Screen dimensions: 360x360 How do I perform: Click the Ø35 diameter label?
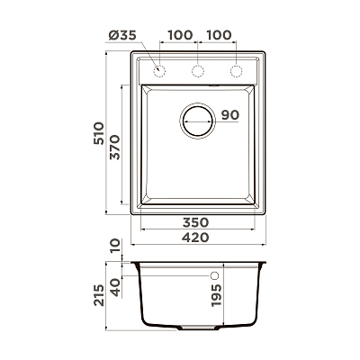pyautogui.click(x=122, y=35)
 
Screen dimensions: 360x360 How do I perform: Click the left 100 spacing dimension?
pyautogui.click(x=180, y=35)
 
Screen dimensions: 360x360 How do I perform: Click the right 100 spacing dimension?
pyautogui.click(x=219, y=35)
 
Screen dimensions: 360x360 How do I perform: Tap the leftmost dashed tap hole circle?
pyautogui.click(x=159, y=71)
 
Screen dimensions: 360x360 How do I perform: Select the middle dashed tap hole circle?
pyautogui.click(x=198, y=71)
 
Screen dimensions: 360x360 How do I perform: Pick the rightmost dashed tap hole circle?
pyautogui.click(x=236, y=71)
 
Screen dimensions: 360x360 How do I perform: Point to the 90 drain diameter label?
pyautogui.click(x=230, y=114)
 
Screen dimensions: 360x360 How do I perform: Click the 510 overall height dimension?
pyautogui.click(x=98, y=133)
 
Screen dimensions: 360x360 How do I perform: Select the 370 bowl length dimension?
pyautogui.click(x=115, y=148)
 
